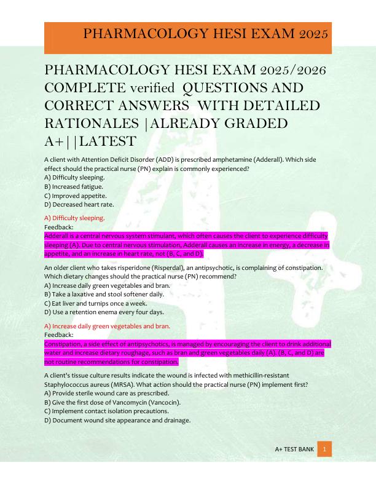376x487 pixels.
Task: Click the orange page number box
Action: tap(324, 449)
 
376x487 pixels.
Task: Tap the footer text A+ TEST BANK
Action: tap(294, 449)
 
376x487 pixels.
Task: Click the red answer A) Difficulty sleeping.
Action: tap(74, 218)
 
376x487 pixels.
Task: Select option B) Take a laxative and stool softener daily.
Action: tap(104, 294)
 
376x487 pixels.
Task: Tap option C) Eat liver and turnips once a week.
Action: tap(95, 303)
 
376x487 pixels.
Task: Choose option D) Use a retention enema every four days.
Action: tap(104, 312)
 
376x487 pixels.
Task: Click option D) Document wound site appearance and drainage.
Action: tap(117, 421)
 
